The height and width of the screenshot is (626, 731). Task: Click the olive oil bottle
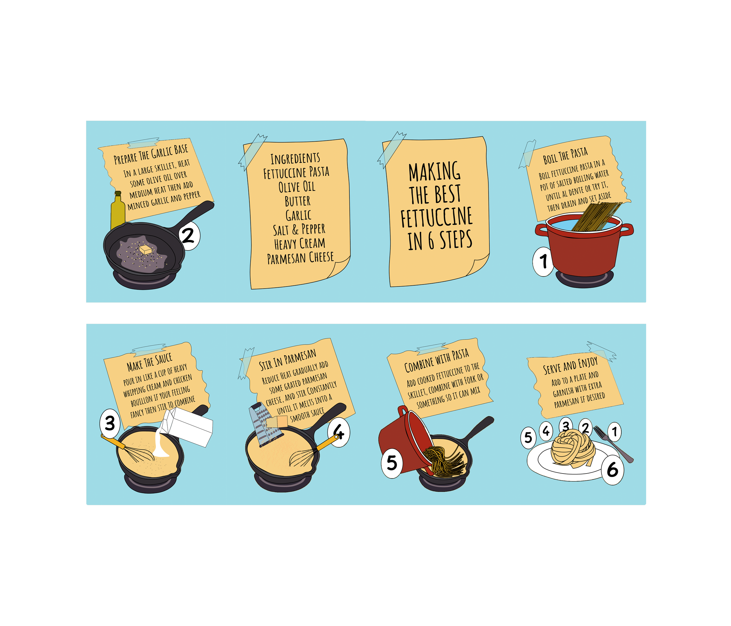pos(118,211)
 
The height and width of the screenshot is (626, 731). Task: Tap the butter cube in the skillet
pos(145,250)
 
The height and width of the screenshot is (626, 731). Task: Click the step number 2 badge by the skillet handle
pos(189,236)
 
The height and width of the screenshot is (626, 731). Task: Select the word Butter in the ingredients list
pos(298,201)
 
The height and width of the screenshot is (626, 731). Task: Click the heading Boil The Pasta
pos(565,156)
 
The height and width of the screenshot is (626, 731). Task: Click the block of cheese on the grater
pos(277,421)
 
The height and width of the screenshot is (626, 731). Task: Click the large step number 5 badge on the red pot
pos(392,463)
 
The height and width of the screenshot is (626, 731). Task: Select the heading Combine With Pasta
pos(437,361)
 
